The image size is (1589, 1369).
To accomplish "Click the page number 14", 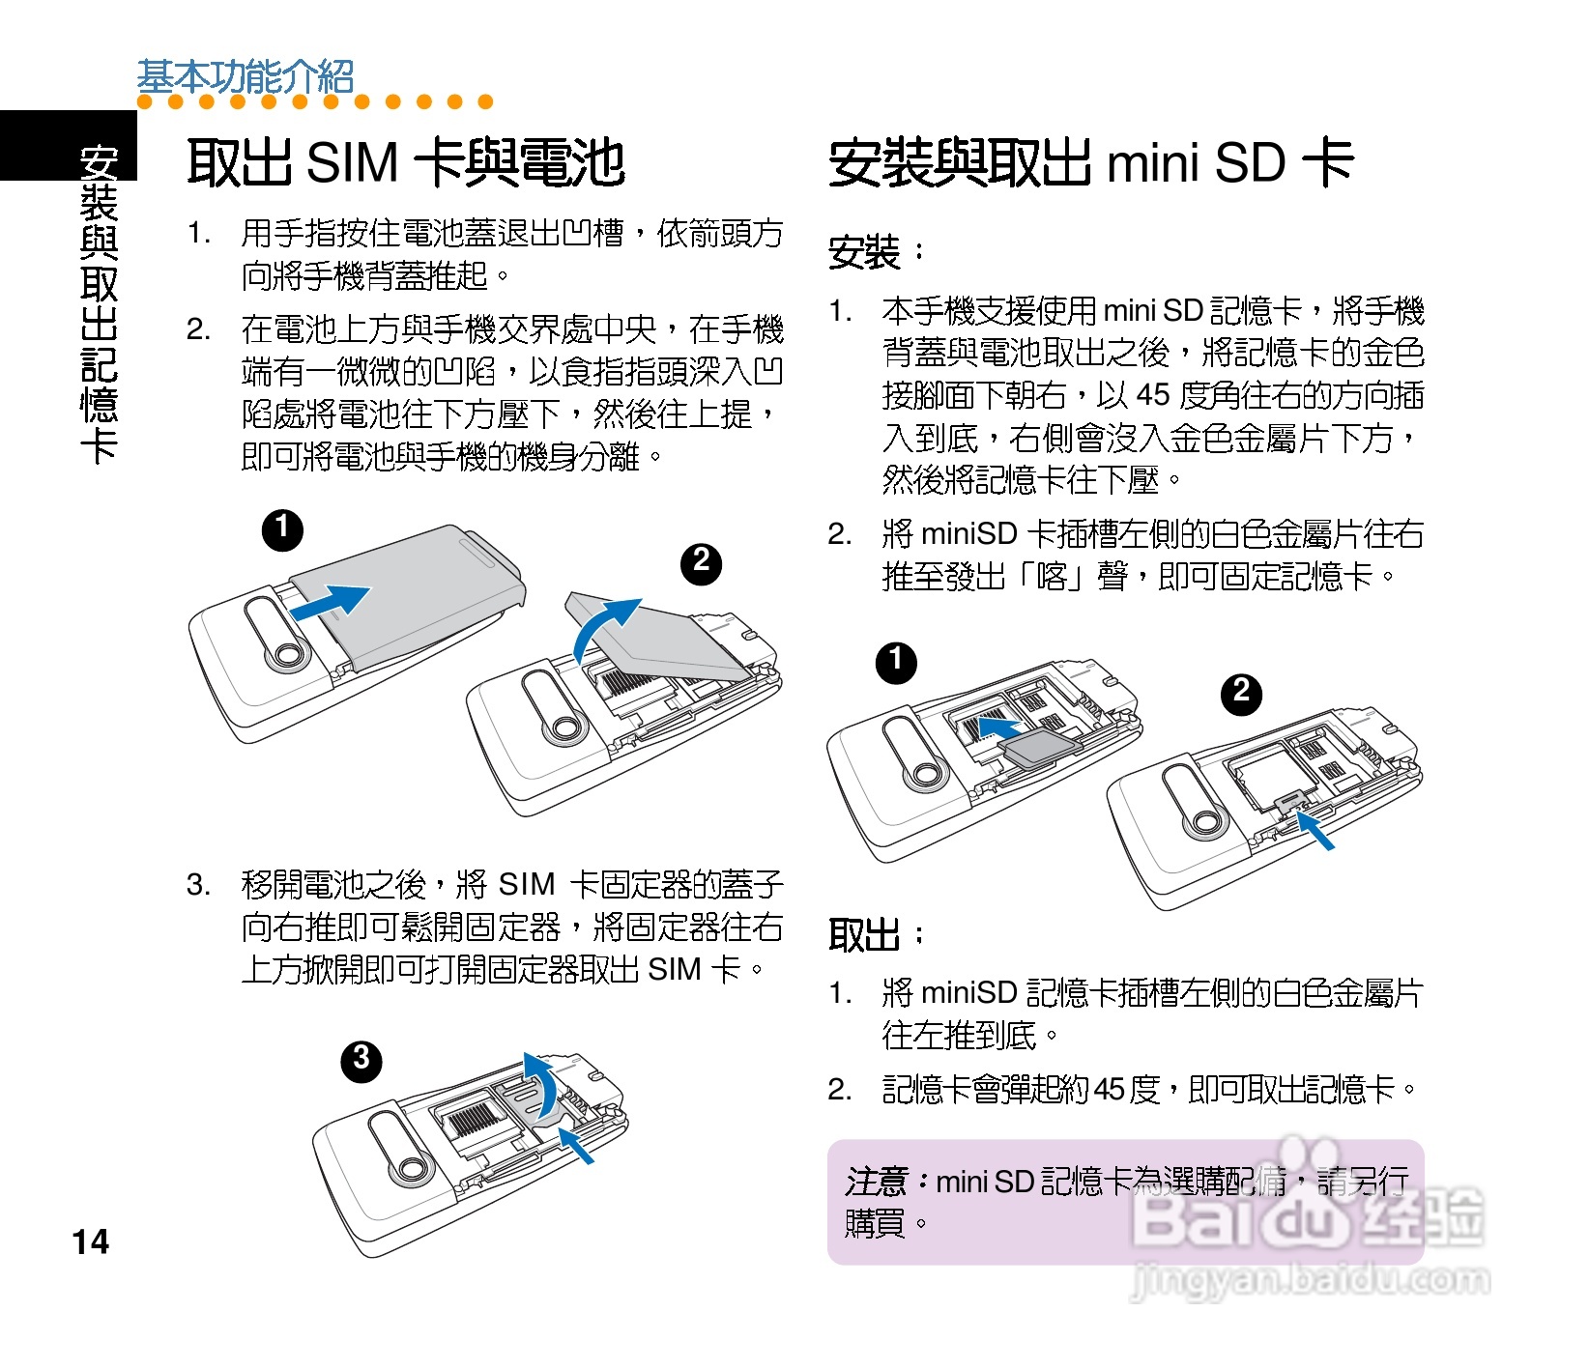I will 91,1241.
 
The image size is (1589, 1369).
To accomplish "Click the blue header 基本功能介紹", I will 246,76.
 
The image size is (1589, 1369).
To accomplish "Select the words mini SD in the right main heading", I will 1196,162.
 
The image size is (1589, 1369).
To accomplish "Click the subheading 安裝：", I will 876,253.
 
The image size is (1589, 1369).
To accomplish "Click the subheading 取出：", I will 876,934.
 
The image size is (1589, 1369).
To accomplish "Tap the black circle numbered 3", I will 361,1061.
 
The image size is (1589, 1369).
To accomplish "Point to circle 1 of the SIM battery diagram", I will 282,530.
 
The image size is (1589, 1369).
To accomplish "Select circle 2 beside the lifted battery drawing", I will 702,563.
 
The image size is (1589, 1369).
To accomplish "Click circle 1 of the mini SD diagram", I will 896,663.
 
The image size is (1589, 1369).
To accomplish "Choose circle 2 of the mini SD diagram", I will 1241,694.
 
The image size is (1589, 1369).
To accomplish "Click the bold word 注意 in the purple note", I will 876,1181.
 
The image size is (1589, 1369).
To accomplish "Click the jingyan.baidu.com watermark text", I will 1310,1279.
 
